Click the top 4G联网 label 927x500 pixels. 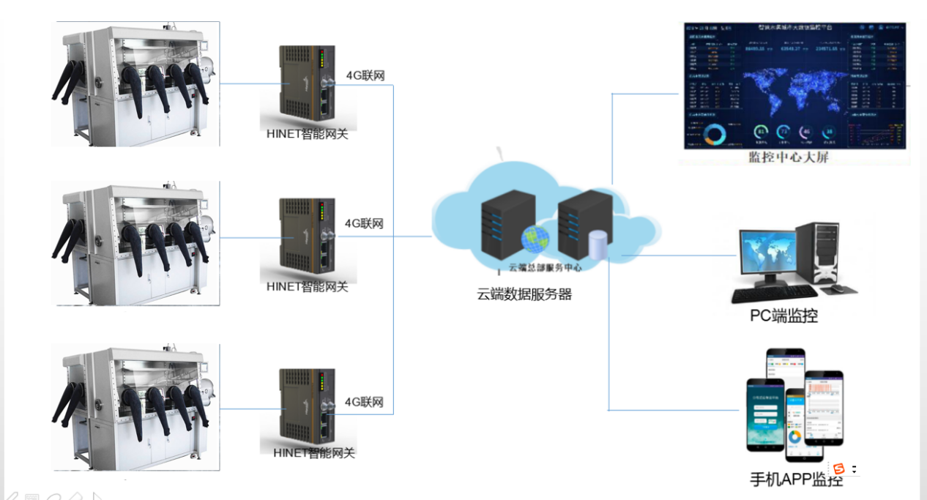click(x=365, y=75)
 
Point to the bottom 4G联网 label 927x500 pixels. click(x=365, y=402)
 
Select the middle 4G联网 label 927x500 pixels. click(x=365, y=224)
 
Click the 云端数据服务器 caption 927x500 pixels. click(x=524, y=295)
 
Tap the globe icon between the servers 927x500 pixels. click(x=535, y=239)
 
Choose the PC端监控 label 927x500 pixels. click(x=783, y=316)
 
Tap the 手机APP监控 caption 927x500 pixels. click(x=796, y=480)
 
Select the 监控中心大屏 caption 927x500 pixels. click(x=787, y=157)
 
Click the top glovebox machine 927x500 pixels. click(x=135, y=84)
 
